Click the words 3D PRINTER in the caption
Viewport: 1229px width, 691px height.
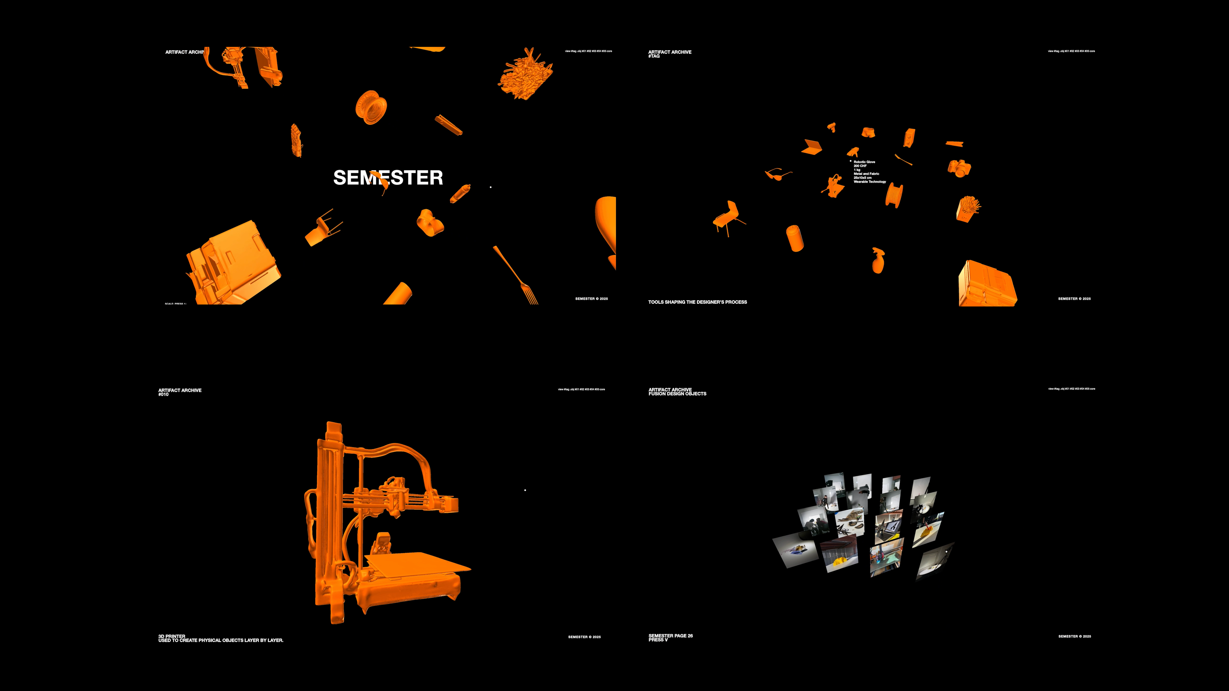click(x=172, y=636)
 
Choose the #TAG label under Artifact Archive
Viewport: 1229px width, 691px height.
click(x=654, y=56)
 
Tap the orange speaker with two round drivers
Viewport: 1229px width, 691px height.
click(x=909, y=137)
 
